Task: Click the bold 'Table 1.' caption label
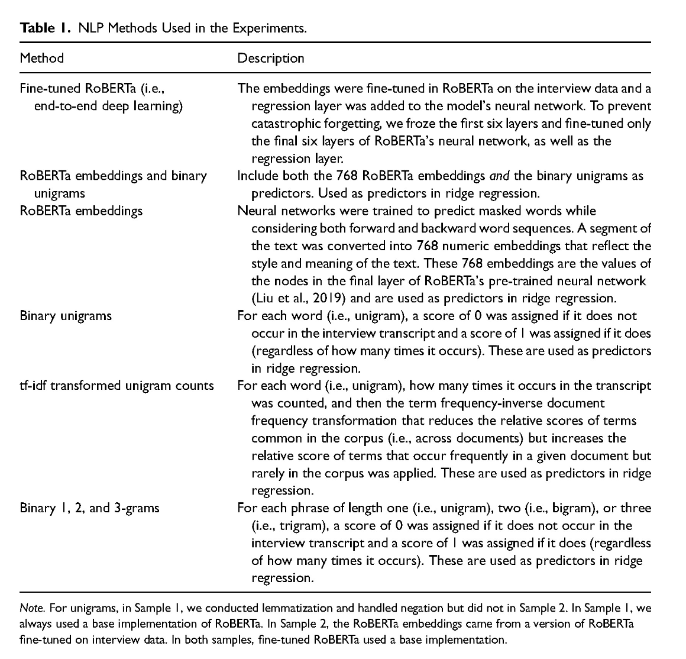(43, 28)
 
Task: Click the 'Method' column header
(41, 58)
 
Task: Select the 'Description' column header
(270, 58)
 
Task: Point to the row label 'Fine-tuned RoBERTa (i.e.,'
(91, 89)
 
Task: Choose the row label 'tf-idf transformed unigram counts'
(117, 386)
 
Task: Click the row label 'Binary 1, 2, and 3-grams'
(89, 508)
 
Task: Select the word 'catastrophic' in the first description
(286, 124)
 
